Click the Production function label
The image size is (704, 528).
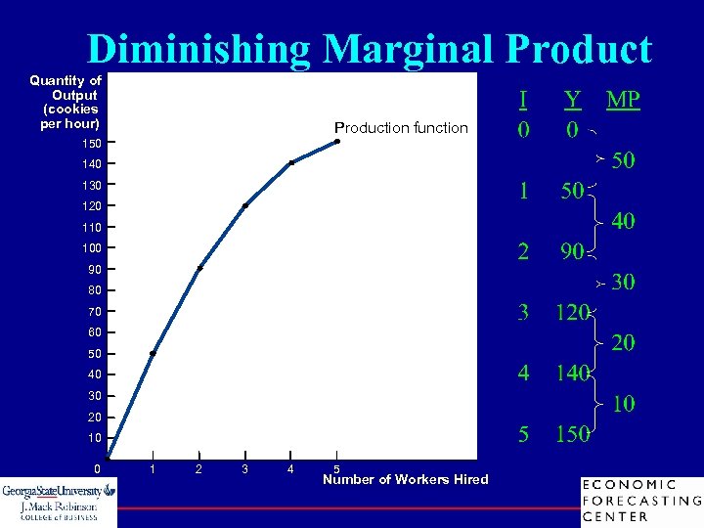(x=401, y=128)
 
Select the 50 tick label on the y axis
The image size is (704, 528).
(x=94, y=354)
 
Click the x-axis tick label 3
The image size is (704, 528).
(x=244, y=469)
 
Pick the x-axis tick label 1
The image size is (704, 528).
(x=153, y=469)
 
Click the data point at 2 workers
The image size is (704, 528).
(x=198, y=268)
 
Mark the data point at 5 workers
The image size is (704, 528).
(x=336, y=142)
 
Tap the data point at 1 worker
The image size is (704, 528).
(x=153, y=353)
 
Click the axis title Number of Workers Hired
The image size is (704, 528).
(x=406, y=479)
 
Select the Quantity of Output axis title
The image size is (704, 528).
(x=66, y=103)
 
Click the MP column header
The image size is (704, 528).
(x=623, y=100)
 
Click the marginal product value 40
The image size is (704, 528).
(x=623, y=222)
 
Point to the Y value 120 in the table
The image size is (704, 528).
(x=571, y=313)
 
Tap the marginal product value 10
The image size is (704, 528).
(x=623, y=404)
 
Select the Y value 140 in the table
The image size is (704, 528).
(x=571, y=374)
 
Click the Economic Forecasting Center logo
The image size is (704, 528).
(x=640, y=501)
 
